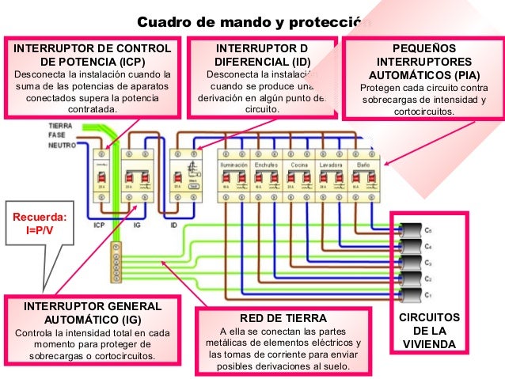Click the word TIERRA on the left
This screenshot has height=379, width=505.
(60, 126)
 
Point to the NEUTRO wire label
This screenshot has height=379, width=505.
(62, 146)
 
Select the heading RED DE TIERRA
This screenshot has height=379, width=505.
(283, 317)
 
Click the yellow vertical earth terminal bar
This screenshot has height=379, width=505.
(118, 260)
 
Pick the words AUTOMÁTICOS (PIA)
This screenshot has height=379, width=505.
(424, 74)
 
